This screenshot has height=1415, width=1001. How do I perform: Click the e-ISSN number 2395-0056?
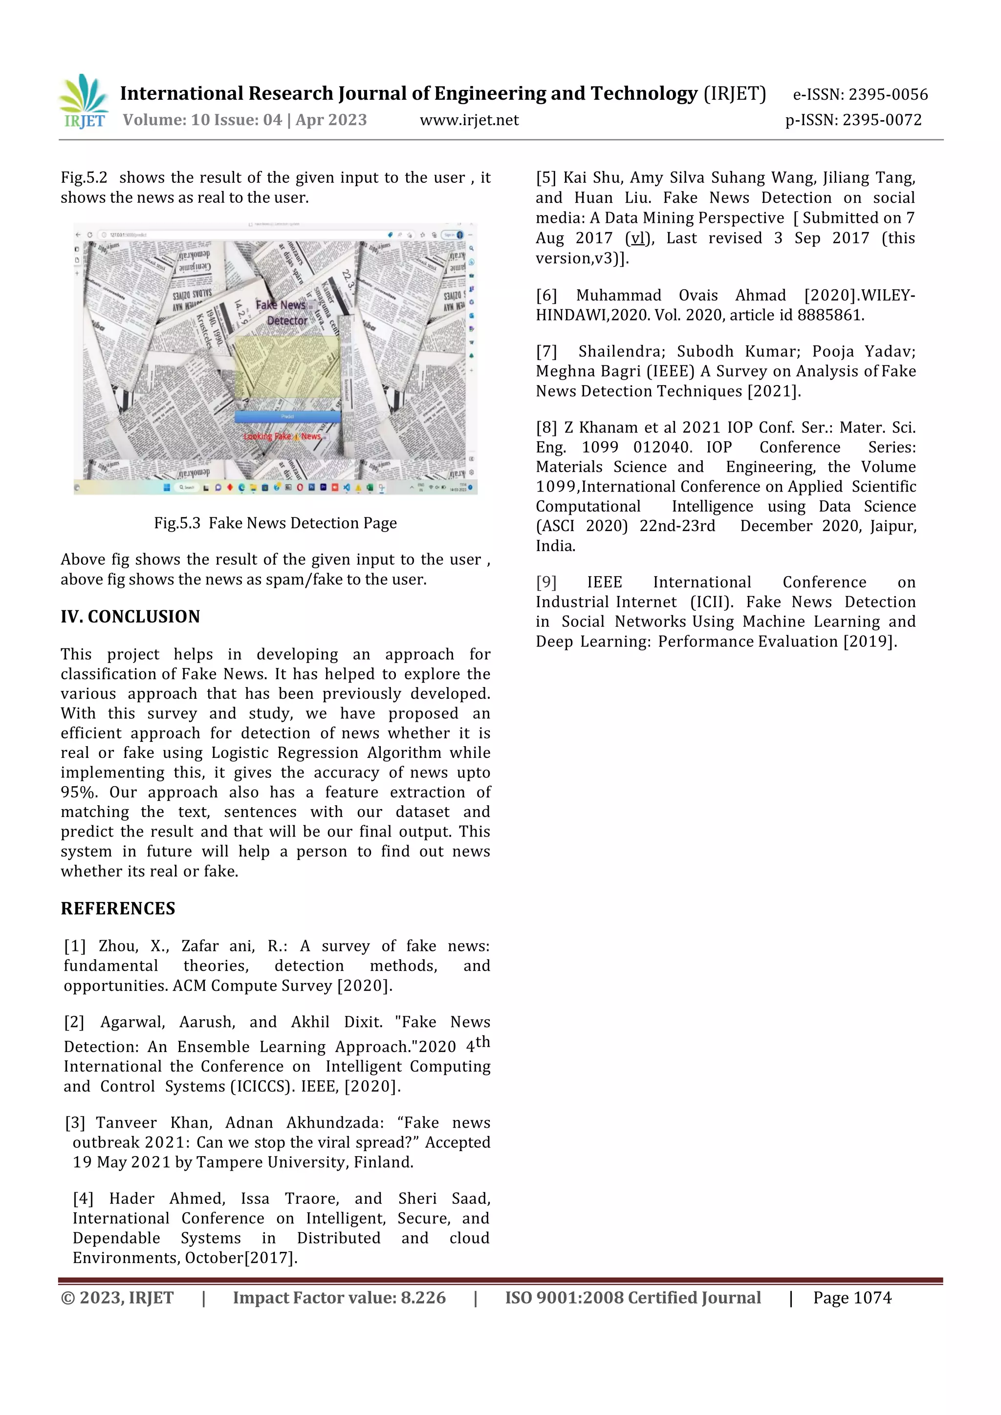click(x=888, y=94)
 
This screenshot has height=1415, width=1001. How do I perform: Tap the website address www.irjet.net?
click(x=469, y=120)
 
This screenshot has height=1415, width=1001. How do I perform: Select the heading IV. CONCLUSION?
click(x=130, y=617)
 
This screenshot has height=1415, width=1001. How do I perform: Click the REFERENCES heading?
click(x=118, y=908)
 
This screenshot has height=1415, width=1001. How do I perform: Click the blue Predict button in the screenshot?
click(x=287, y=417)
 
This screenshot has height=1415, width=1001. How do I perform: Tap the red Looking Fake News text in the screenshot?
click(x=283, y=436)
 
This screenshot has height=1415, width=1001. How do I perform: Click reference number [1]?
click(x=75, y=946)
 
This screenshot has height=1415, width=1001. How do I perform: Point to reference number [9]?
click(x=546, y=582)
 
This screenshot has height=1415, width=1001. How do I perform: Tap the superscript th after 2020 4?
click(x=482, y=1042)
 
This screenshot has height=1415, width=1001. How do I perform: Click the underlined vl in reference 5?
click(x=637, y=238)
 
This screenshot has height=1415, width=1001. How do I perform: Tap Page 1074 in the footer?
click(x=852, y=1298)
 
